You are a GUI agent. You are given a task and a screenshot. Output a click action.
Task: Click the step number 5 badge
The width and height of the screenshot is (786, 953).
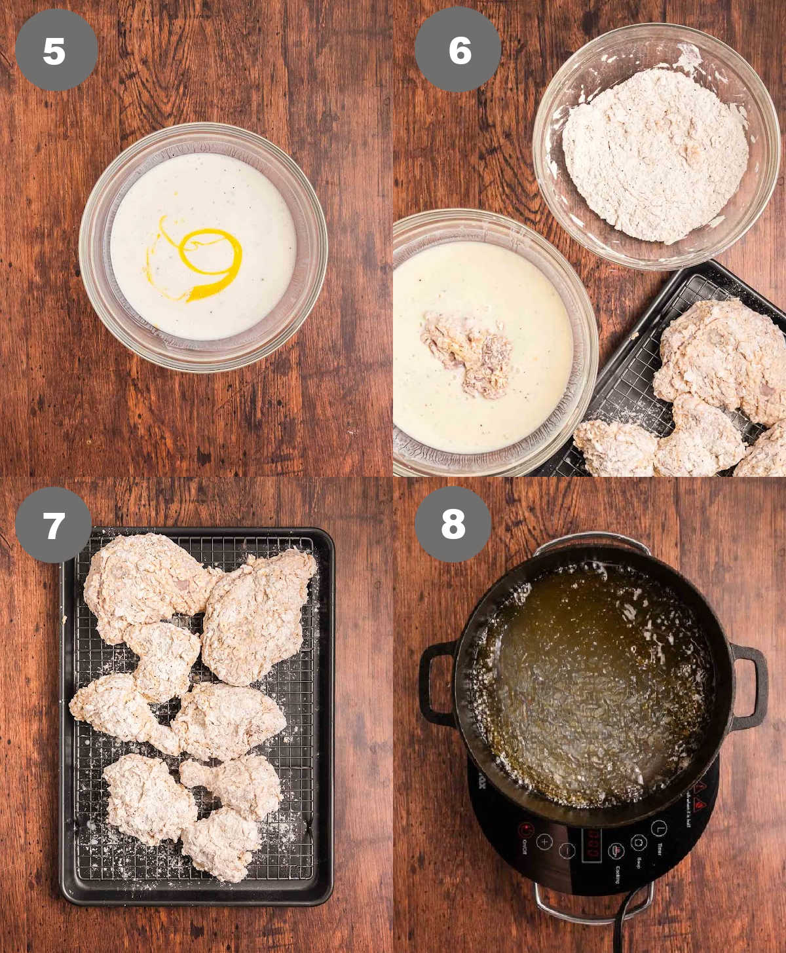55,50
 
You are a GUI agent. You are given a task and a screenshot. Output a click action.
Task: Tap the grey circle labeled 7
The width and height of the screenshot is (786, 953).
54,525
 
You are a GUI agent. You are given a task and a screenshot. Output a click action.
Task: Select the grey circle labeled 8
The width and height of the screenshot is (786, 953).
453,524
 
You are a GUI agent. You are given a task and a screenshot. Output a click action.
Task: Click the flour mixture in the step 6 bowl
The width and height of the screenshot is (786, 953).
655,155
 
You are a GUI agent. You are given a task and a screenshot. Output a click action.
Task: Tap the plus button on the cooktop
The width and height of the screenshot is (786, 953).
544,842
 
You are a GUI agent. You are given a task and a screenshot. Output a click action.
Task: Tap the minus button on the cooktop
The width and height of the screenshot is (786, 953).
567,851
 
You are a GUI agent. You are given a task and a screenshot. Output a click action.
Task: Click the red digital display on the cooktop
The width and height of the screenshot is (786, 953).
591,845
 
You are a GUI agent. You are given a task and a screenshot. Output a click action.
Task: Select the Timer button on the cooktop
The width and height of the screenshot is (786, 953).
658,829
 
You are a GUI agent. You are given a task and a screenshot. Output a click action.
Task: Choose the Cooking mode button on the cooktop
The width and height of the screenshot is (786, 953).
616,851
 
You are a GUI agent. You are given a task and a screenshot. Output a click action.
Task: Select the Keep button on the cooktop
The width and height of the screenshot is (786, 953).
639,842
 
